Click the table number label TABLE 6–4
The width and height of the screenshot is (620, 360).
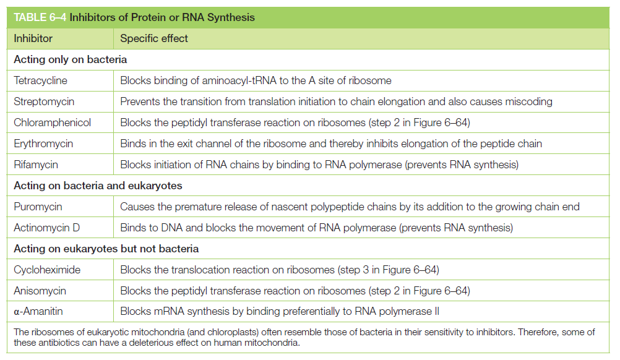pos(40,17)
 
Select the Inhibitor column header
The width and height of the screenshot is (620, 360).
pos(33,38)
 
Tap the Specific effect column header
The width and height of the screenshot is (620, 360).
pos(154,38)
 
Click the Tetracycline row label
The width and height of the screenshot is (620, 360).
pos(40,80)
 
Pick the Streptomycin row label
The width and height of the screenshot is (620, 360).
pos(44,101)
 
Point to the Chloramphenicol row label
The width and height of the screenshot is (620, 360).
pos(52,122)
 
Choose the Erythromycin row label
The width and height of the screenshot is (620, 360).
pos(43,144)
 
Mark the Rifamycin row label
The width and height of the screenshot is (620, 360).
pos(36,165)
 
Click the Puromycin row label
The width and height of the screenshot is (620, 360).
pos(38,207)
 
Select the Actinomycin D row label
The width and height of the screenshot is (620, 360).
pos(46,228)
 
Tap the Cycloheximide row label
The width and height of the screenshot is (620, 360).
pos(47,270)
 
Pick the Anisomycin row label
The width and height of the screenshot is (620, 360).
pos(40,291)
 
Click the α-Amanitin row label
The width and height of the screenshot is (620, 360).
pos(38,311)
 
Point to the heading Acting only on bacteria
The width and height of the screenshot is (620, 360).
pos(71,59)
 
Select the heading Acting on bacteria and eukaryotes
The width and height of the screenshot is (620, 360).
pos(98,186)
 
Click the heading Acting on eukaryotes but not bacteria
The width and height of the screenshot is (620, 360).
pos(106,249)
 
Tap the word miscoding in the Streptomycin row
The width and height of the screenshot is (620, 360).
pos(528,101)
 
